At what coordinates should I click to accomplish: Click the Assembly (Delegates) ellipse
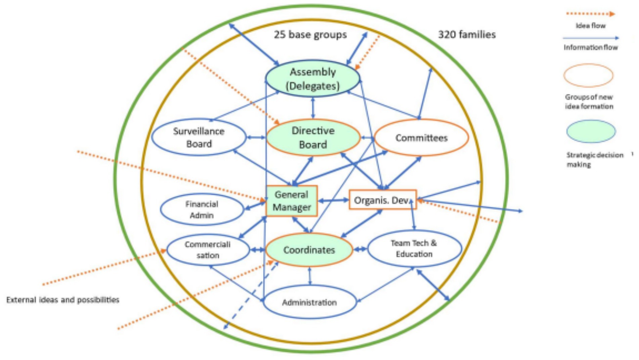click(x=312, y=79)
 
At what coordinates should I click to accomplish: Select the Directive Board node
click(x=313, y=137)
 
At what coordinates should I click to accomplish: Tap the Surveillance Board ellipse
click(x=199, y=137)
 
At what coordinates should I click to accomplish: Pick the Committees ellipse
click(x=421, y=138)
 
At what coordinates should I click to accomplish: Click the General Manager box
click(x=291, y=201)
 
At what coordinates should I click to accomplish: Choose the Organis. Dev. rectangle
click(x=382, y=200)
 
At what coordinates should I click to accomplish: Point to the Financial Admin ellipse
click(x=202, y=210)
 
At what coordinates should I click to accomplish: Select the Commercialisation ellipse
click(x=208, y=250)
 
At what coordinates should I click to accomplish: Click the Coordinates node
click(x=309, y=250)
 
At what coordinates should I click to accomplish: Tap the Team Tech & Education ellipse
click(x=414, y=249)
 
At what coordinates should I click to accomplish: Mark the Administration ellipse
click(x=309, y=302)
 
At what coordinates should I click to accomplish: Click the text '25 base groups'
click(x=310, y=35)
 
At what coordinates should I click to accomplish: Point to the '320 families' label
click(x=467, y=35)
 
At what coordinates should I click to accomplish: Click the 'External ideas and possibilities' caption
click(x=63, y=300)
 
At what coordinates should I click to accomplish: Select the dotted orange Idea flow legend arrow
click(x=590, y=14)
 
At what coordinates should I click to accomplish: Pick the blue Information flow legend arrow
click(x=590, y=38)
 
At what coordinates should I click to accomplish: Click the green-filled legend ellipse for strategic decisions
click(x=591, y=132)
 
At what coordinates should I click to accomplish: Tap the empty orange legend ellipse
click(x=588, y=76)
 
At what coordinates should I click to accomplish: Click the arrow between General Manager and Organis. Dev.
click(x=333, y=200)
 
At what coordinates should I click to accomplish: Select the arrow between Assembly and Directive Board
click(x=313, y=108)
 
